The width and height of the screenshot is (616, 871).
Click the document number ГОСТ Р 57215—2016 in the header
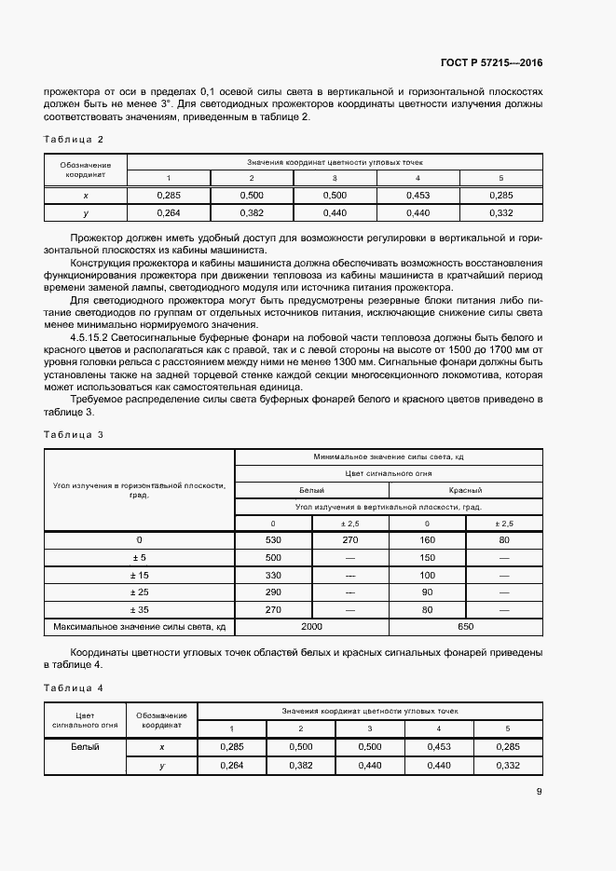(492, 63)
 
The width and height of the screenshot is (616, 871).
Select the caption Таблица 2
(74, 139)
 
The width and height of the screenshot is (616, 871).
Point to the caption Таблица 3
(74, 434)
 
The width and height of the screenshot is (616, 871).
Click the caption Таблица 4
(74, 687)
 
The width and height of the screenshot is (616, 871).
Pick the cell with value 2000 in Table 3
(312, 627)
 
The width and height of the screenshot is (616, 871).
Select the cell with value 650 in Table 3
(466, 627)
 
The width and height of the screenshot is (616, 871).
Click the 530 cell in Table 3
(273, 540)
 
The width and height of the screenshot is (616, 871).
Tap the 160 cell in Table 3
(427, 540)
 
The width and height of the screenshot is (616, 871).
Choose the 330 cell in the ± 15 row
(273, 575)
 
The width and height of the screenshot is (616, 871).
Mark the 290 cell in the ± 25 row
(273, 592)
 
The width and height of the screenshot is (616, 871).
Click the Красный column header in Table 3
(465, 489)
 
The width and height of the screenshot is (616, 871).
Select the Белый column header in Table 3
(311, 489)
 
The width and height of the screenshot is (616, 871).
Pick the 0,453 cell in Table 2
(418, 195)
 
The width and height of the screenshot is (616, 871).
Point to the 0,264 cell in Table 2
(169, 212)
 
